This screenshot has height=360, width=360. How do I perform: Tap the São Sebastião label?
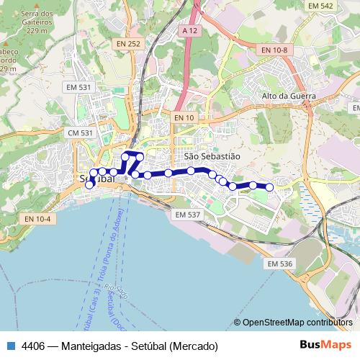click(x=212, y=156)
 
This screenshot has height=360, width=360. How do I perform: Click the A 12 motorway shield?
click(x=189, y=31)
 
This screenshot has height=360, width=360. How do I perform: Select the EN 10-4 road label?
click(x=37, y=219)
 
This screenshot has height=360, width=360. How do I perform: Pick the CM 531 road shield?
click(x=80, y=133)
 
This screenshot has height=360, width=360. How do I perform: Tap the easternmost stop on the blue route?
click(x=269, y=187)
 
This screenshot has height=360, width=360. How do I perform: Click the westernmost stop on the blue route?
click(x=89, y=185)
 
